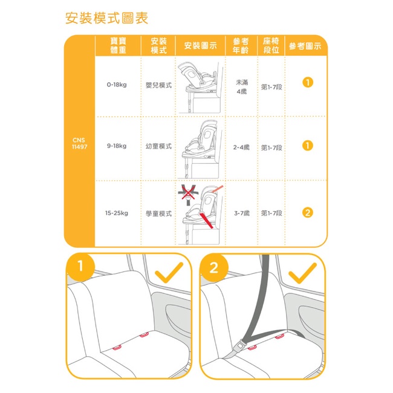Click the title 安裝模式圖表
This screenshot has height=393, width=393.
107,18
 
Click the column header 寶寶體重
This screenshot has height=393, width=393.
118,45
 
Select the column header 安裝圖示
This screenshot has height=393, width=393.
200,45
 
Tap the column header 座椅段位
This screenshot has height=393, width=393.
271,45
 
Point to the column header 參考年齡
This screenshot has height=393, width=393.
241,45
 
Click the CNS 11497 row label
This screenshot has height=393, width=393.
79,143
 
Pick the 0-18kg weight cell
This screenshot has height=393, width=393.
117,85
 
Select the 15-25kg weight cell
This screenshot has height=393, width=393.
117,213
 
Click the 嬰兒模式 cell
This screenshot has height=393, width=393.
158,85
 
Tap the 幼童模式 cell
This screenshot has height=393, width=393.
158,146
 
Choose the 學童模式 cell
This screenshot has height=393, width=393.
158,213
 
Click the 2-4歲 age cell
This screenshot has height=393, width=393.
241,147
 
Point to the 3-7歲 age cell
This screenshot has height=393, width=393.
242,213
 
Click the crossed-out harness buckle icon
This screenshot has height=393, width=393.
188,195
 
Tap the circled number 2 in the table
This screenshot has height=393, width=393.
308,213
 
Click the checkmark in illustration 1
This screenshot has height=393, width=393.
169,273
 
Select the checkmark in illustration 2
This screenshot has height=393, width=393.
302,273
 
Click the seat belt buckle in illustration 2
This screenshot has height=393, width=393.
240,346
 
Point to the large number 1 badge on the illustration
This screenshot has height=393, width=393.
80,266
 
